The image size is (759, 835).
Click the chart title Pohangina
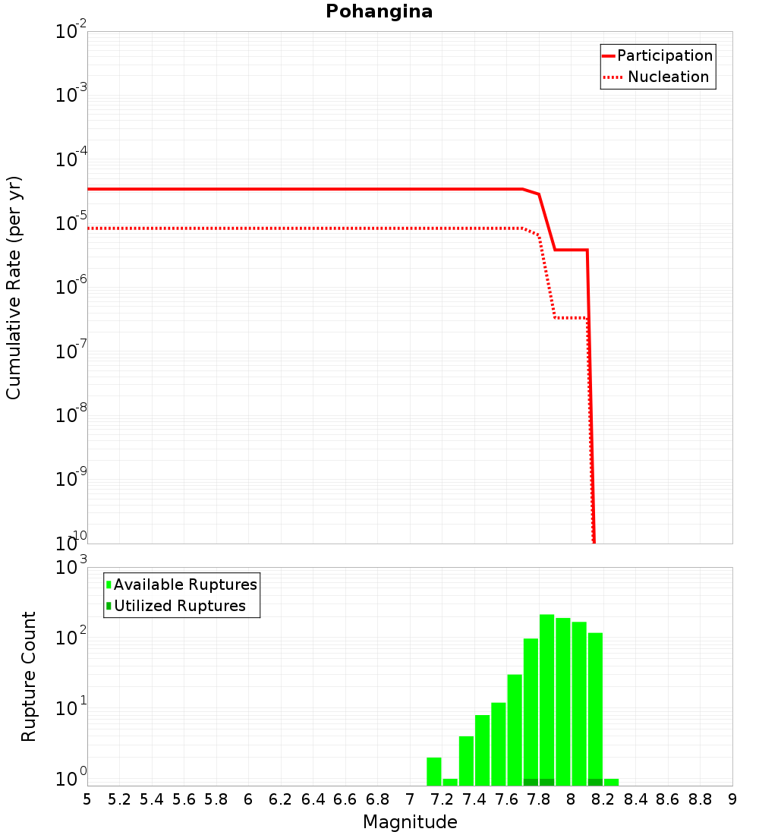point(379,11)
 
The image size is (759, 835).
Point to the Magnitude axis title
point(410,822)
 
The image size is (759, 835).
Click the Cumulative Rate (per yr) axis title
point(14,287)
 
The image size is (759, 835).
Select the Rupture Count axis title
point(29,676)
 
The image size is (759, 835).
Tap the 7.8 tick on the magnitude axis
point(539,799)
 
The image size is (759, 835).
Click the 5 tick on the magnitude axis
point(87,799)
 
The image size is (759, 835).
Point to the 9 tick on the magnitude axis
point(732,799)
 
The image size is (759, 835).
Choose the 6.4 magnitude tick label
point(313,799)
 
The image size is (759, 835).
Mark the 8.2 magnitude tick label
point(603,799)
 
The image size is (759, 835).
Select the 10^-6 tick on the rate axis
point(71,289)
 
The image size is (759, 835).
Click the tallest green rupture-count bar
point(546,698)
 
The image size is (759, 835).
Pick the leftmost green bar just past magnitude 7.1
point(434,770)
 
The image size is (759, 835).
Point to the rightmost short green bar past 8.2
point(611,782)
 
